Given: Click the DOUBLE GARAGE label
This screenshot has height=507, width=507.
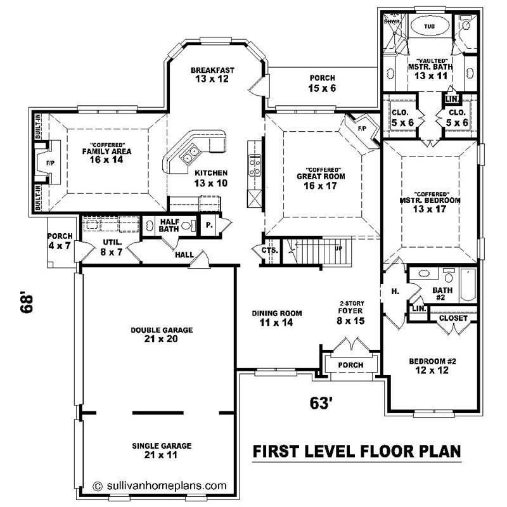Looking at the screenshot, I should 162,335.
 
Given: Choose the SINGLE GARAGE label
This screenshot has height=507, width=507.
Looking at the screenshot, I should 162,450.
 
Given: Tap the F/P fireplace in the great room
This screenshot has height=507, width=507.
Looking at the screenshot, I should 362,129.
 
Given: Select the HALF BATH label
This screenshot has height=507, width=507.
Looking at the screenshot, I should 169,225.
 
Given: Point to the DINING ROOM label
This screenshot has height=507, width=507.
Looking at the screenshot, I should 276,318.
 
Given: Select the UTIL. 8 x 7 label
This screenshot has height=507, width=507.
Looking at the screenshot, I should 111,247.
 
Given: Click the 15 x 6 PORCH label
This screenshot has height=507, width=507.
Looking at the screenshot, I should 323,83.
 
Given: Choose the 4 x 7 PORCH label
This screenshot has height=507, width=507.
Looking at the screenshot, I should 60,241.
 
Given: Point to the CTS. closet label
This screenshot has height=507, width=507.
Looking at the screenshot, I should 269,251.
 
